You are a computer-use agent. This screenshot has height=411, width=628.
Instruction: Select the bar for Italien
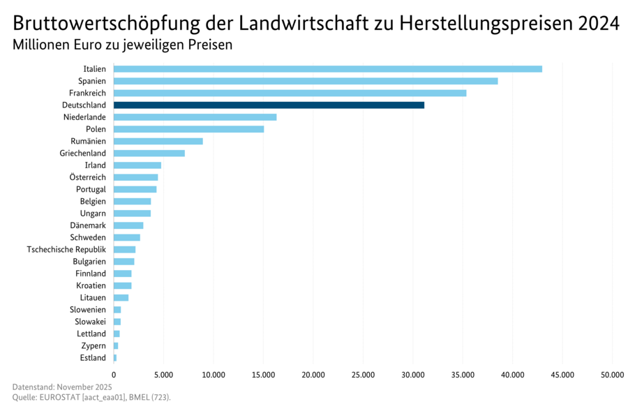327,68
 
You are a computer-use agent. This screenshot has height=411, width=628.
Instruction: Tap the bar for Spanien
306,81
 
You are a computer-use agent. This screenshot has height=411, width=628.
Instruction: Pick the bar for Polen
188,129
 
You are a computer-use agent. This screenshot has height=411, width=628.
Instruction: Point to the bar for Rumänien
158,141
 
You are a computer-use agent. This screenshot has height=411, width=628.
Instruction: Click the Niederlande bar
195,117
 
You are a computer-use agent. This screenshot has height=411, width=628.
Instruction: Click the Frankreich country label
87,93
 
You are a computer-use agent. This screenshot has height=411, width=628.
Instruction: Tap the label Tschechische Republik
66,249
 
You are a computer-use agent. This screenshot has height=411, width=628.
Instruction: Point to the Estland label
93,358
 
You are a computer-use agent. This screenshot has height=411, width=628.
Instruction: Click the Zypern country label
94,346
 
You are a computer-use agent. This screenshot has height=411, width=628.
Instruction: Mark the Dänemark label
88,225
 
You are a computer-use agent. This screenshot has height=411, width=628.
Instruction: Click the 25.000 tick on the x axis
363,375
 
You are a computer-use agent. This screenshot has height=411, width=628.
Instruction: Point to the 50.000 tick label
611,375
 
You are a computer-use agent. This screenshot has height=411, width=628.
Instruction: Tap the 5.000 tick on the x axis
163,375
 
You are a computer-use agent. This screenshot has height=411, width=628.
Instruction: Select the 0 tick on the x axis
114,375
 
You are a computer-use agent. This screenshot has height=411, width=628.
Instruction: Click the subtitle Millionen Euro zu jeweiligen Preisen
122,45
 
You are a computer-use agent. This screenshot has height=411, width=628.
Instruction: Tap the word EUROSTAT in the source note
62,397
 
